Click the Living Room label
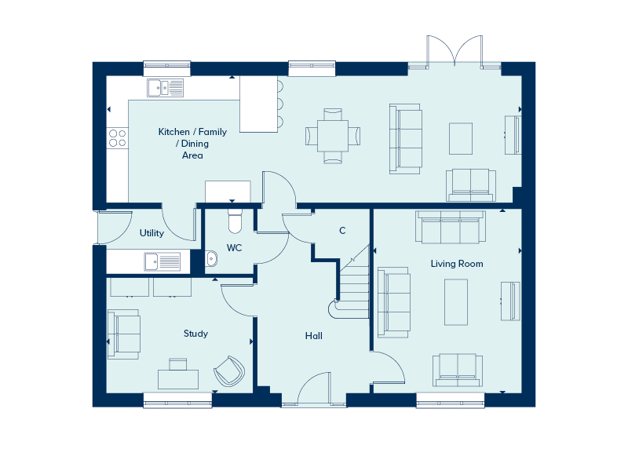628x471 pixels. point(456,264)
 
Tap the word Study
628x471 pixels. point(195,334)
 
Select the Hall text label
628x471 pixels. point(314,336)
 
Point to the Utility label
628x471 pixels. point(152,233)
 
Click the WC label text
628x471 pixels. point(234,248)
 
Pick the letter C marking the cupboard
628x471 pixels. point(341,231)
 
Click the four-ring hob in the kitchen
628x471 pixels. point(118,138)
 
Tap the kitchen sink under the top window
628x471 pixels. point(164,87)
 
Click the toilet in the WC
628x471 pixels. point(235,221)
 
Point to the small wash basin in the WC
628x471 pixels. point(211,258)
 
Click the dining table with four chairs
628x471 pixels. point(334,136)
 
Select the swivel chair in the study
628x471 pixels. point(229,370)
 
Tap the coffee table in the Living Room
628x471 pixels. point(458,302)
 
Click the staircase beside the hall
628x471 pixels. point(355,283)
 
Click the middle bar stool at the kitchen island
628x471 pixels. point(279,104)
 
